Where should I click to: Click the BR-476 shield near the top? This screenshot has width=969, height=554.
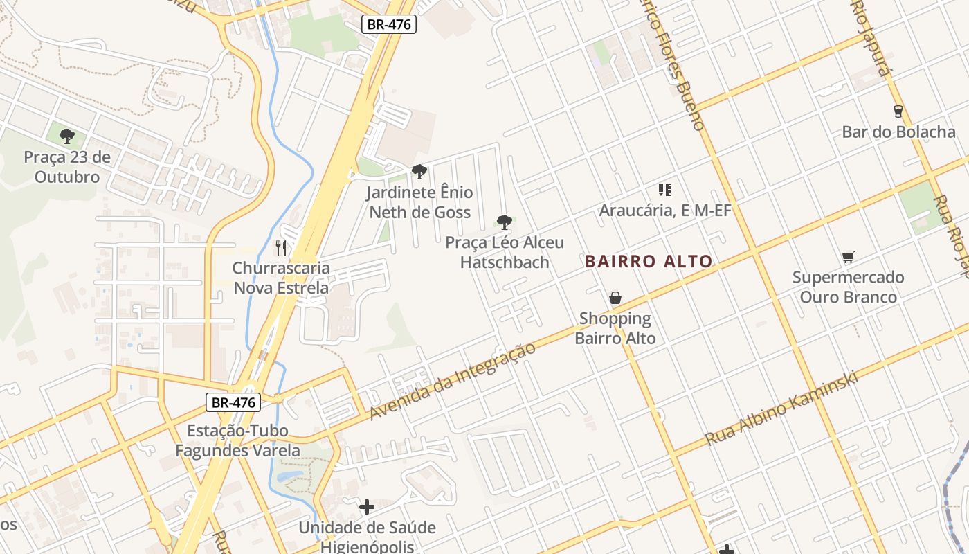(x=388, y=25)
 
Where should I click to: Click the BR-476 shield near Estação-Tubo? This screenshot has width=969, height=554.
(x=233, y=402)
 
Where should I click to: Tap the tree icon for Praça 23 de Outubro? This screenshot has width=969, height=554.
(x=66, y=136)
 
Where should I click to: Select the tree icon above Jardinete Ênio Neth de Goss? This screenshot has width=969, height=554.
(x=419, y=171)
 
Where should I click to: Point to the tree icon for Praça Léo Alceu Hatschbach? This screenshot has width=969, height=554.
(x=505, y=222)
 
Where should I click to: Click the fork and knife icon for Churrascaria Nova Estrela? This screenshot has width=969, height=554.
(x=281, y=247)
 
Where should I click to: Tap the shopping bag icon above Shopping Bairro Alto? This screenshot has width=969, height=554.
(x=615, y=298)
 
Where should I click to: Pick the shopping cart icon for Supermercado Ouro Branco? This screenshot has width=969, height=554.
(x=849, y=257)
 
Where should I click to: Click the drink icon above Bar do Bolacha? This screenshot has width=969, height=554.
(x=898, y=111)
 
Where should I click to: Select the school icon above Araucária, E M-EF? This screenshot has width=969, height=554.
(x=665, y=189)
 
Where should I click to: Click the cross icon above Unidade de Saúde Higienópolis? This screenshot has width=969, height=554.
(x=367, y=507)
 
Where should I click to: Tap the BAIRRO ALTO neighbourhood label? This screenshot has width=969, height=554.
(x=649, y=262)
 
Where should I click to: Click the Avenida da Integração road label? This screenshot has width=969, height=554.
(x=453, y=381)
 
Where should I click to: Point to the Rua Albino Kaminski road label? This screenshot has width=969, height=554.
(x=781, y=409)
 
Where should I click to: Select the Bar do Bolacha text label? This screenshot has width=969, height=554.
(x=898, y=132)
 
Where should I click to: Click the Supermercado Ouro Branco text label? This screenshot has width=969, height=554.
(x=848, y=287)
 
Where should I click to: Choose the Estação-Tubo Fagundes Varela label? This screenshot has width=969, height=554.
(x=237, y=440)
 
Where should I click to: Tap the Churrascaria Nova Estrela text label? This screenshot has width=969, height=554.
(x=281, y=278)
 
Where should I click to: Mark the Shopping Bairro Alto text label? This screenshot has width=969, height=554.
(x=615, y=328)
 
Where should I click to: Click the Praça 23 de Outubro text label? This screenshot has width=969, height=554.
(x=67, y=167)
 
